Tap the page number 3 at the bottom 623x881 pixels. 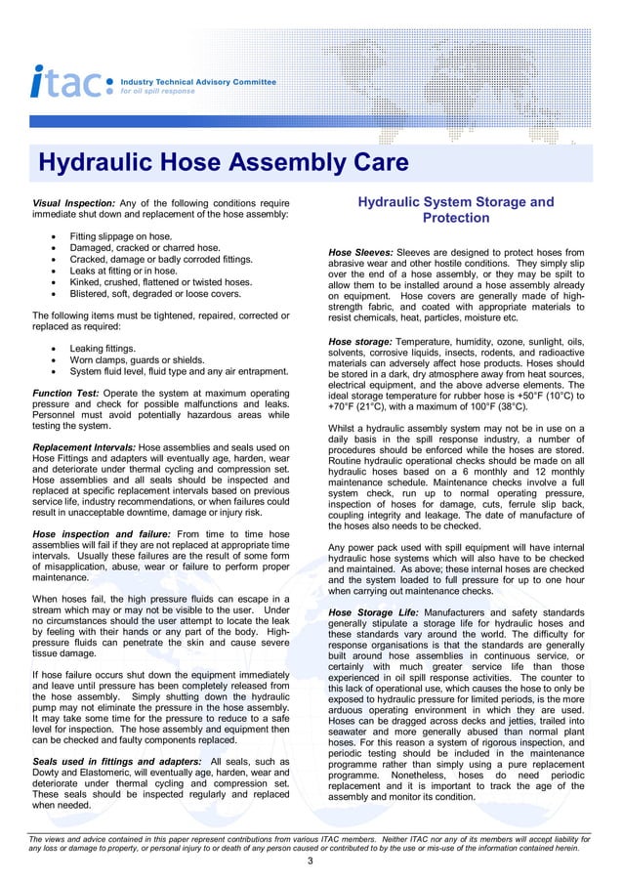click(310, 860)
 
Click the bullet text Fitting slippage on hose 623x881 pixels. click(120, 236)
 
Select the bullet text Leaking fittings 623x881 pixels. click(103, 348)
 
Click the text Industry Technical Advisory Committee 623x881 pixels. click(197, 82)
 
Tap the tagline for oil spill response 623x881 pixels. click(157, 91)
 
